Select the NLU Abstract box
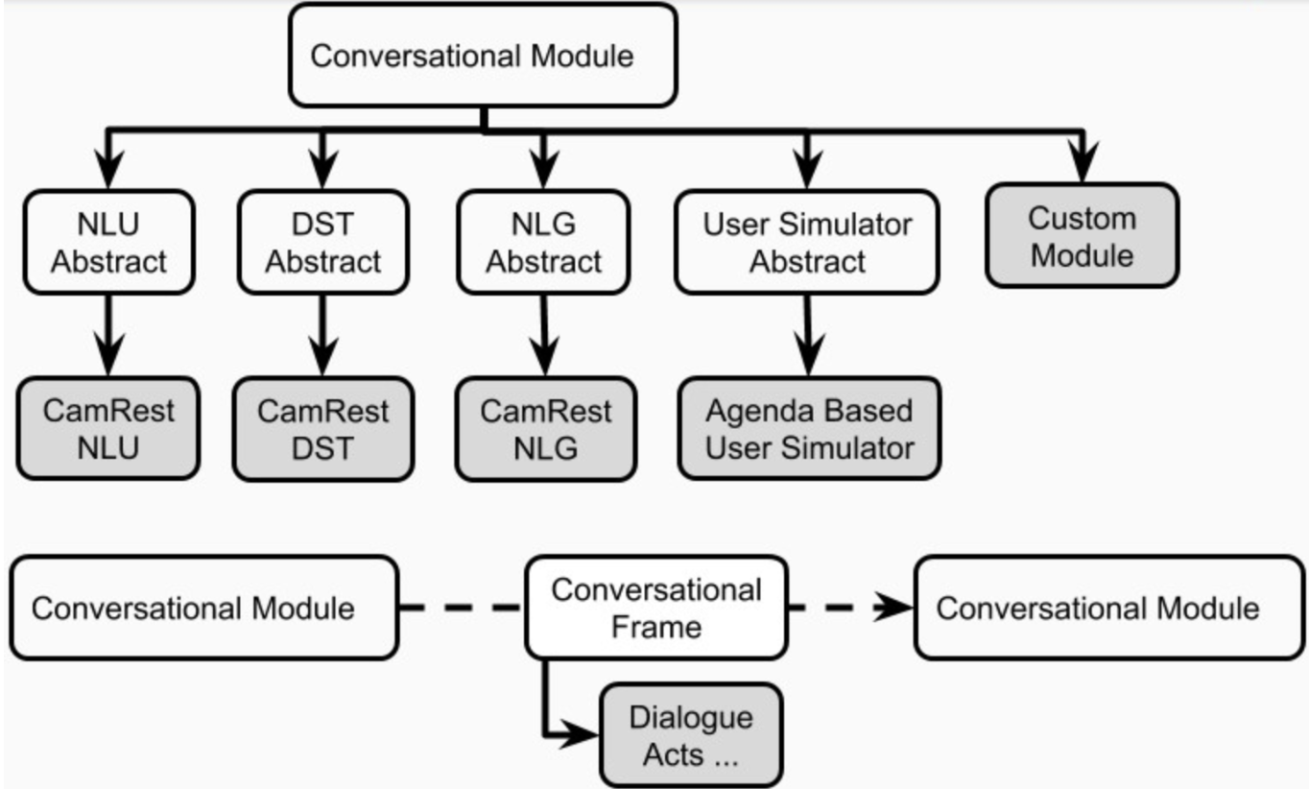point(108,242)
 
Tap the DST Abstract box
point(322,242)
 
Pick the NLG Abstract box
point(543,242)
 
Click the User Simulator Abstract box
point(807,242)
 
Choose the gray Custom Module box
point(1082,236)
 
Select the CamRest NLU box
point(108,428)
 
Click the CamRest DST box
point(322,428)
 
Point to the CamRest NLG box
point(545,428)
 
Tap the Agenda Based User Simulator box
point(809,428)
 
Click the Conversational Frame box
point(656,608)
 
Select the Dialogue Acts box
point(691,735)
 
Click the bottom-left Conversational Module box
point(203,608)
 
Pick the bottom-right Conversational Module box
point(1108,608)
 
